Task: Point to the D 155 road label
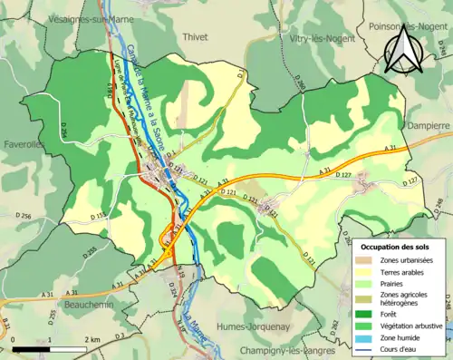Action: point(98,215)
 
